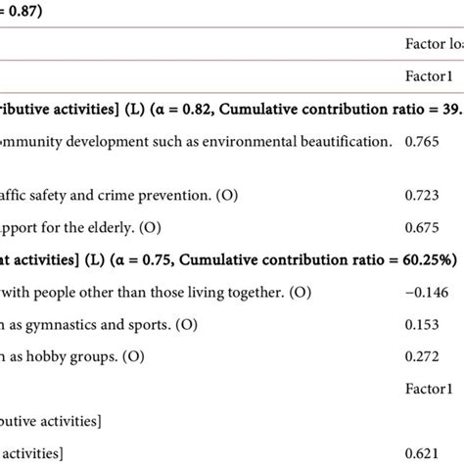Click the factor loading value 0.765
422,142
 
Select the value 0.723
422,196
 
